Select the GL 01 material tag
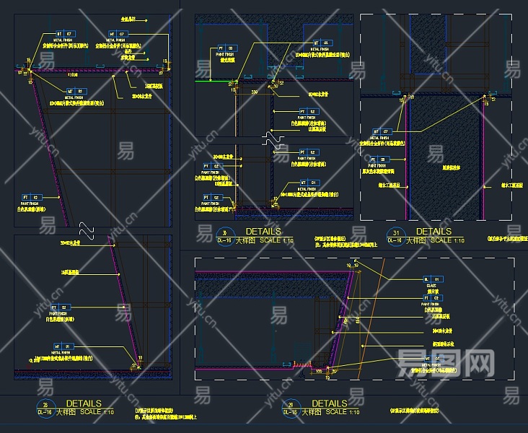pos(431,279)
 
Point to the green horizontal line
pos(214,82)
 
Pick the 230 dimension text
pos(254,92)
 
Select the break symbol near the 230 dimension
pos(273,137)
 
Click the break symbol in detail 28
pos(87,229)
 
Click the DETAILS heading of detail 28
pos(84,403)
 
